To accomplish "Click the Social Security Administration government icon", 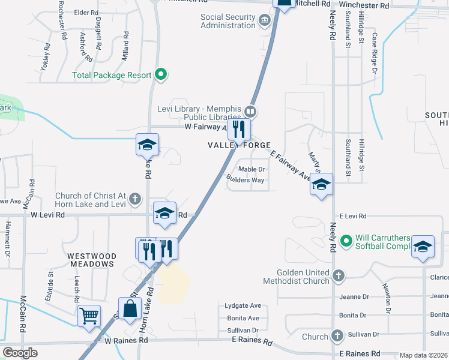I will pos(264,22).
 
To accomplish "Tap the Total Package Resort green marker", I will pos(160,75).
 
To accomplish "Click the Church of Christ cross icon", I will pos(136,198).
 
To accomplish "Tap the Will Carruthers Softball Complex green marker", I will pos(346,241).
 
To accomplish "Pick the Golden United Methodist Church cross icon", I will pos(339,275).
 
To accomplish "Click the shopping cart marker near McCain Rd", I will pos(89,314).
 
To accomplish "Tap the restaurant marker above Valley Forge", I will pos(239,128).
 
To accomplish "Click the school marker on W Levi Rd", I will pos(164,213).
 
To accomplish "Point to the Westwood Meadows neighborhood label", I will pos(92,259).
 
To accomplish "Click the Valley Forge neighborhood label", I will pos(239,145).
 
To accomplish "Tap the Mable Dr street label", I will pos(252,169).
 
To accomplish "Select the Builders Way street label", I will pos(245,179).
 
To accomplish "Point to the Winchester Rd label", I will pos(364,5).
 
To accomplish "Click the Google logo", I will pos(20,352).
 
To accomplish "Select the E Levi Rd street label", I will pos(352,215).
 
